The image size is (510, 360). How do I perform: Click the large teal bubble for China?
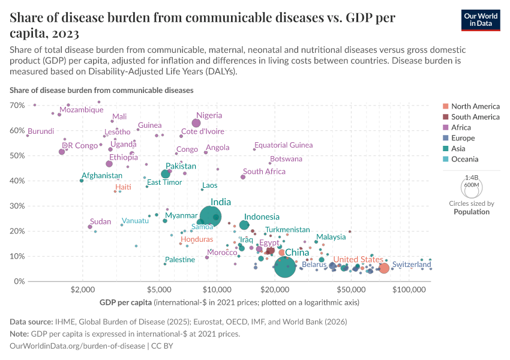coord(284,267)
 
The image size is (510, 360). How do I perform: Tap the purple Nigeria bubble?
coord(196,123)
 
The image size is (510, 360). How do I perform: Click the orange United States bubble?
coord(384,268)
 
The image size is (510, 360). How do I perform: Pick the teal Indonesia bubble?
coord(244,225)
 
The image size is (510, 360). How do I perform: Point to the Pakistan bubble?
coord(166,174)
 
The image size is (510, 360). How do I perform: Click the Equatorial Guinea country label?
coord(283,145)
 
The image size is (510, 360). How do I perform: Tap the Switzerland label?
coord(412,264)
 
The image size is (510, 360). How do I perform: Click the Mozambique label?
coord(81,110)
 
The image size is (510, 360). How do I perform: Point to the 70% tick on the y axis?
coord(17,106)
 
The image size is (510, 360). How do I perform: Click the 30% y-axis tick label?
coord(17,206)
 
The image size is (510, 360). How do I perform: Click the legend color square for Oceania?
coord(445,160)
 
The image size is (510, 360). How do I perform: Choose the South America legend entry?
coord(475,117)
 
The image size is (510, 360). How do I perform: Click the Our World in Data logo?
coord(481,19)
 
